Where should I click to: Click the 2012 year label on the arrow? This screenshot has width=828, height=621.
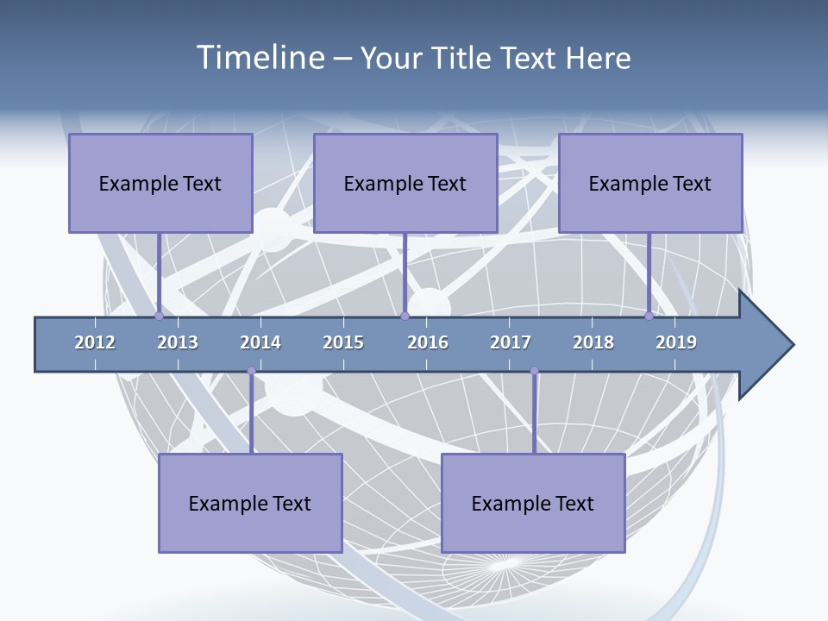click(x=95, y=342)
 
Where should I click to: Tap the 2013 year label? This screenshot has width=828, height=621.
click(x=178, y=342)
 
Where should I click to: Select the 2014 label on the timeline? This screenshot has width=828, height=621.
click(x=260, y=342)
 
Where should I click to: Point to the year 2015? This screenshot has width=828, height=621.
click(x=343, y=342)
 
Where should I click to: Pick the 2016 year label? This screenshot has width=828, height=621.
click(x=428, y=342)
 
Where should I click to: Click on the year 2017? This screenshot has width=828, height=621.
click(x=511, y=342)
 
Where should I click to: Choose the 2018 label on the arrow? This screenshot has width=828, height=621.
click(x=593, y=342)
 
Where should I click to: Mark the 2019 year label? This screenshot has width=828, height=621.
click(x=676, y=342)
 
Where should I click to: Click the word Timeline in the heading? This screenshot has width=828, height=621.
click(x=259, y=58)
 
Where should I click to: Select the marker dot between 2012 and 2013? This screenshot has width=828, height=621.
click(x=159, y=316)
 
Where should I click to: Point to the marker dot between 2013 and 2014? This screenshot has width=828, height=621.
click(x=251, y=371)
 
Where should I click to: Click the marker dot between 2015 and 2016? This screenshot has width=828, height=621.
click(x=405, y=316)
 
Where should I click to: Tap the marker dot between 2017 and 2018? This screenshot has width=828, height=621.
click(x=534, y=371)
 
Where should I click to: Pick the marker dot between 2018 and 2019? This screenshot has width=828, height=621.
click(x=649, y=316)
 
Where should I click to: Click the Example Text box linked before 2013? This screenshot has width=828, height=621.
click(x=160, y=183)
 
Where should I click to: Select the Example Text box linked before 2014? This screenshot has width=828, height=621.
click(x=250, y=503)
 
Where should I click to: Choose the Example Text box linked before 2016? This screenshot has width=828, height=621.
click(x=405, y=183)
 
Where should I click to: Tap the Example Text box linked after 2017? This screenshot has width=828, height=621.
click(x=533, y=503)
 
